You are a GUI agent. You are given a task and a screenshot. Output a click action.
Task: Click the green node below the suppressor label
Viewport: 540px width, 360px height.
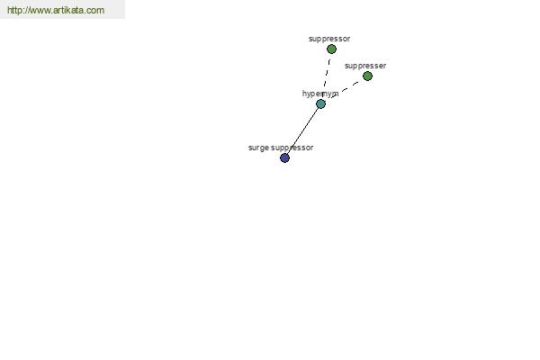[x=331, y=49]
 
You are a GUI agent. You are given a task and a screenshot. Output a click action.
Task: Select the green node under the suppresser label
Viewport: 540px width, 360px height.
[x=367, y=76]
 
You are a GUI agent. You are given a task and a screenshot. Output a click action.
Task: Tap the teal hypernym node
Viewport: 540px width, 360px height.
[x=320, y=103]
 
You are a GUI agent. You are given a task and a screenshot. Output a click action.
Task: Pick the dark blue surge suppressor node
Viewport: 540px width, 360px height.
[x=284, y=158]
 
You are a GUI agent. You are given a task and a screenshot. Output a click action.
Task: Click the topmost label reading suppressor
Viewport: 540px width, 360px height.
[x=329, y=39]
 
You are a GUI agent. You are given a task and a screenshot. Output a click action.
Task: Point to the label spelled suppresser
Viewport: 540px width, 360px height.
[x=365, y=66]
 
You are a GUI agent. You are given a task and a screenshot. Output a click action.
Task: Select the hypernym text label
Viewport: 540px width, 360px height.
[x=320, y=94]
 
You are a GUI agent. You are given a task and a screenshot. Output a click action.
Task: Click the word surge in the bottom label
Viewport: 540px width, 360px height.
[x=258, y=148]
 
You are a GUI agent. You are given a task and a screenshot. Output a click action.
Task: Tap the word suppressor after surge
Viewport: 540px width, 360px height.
[x=292, y=148]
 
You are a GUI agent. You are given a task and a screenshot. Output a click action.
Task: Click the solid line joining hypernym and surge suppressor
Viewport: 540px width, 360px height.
[x=302, y=130]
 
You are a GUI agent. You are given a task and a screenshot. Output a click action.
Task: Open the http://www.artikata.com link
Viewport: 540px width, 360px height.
[x=56, y=10]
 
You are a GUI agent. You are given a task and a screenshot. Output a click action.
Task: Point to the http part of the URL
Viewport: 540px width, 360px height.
[x=13, y=10]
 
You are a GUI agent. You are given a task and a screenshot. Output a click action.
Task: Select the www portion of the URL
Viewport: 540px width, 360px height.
[x=39, y=10]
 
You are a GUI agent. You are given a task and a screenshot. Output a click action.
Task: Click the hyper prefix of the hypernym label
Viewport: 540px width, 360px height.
[x=311, y=94]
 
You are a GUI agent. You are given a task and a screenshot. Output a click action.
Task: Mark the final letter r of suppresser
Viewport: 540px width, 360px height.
[x=384, y=66]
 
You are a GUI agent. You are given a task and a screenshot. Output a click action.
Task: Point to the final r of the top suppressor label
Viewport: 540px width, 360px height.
[x=349, y=40]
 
